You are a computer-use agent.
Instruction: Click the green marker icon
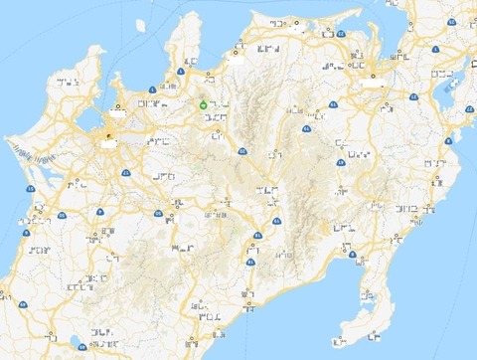click(204, 103)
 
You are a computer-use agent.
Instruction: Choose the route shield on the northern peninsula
click(181, 71)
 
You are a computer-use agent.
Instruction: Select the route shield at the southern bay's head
click(353, 255)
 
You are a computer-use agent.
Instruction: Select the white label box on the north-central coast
click(237, 59)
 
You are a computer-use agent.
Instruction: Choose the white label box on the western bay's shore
click(118, 114)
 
